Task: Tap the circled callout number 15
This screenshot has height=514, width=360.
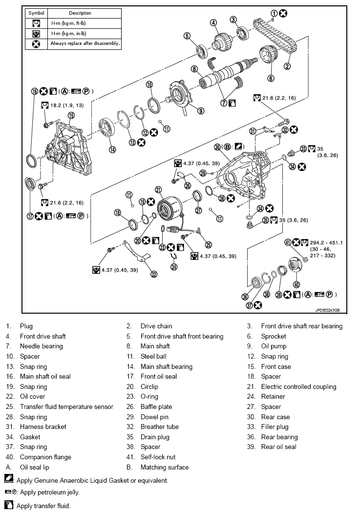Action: pos(71,115)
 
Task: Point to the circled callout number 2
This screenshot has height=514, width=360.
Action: pos(288,66)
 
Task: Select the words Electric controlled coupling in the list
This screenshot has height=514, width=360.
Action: pos(298,386)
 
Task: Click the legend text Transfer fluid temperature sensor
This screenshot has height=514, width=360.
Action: pos(66,407)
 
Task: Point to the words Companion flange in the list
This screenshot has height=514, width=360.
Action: pos(45,457)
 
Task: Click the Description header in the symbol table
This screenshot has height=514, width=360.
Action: pos(80,13)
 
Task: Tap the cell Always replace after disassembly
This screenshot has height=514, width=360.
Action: pos(85,43)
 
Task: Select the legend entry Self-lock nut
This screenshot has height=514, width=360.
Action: pos(160,457)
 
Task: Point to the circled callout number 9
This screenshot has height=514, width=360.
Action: pos(201,110)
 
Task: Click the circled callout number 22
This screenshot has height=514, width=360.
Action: pos(154,274)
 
